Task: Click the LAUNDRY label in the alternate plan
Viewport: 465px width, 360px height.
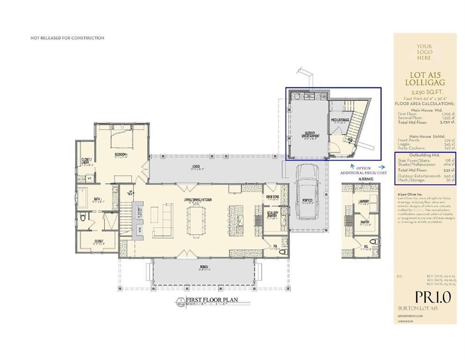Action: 364,201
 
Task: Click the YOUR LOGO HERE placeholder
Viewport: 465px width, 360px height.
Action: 424,52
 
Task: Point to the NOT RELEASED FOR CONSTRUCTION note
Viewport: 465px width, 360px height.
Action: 67,38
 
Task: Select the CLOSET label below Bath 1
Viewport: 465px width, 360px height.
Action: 98,241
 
